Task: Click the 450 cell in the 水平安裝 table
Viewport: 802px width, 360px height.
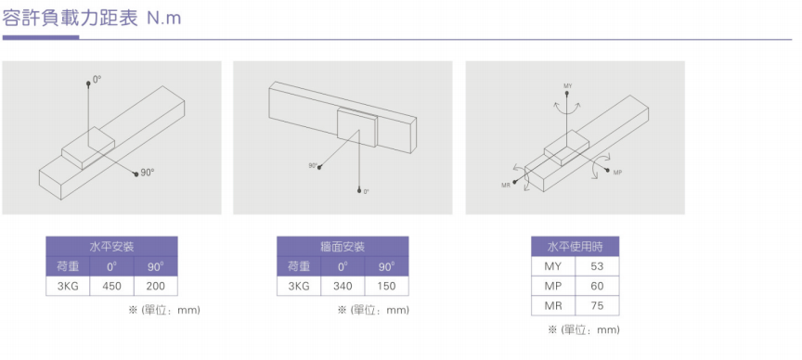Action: pos(111,286)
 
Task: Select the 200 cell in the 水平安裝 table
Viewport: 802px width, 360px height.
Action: pos(156,286)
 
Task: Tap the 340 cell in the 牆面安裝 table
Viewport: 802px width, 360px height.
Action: pos(343,286)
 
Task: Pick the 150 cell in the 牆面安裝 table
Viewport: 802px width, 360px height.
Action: pos(387,286)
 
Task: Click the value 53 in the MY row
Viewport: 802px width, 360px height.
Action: pos(597,266)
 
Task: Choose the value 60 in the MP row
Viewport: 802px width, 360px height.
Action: pos(597,286)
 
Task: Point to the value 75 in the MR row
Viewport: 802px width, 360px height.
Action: pos(597,306)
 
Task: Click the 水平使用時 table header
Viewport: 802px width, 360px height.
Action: pos(575,247)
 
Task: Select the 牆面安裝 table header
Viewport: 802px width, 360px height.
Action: pos(343,247)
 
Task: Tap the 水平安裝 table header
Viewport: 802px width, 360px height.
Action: pos(111,247)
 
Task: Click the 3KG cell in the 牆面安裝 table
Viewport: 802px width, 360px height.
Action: pos(299,286)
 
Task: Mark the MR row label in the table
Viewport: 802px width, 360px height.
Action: pos(553,306)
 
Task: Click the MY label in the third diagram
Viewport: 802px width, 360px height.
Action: pos(568,85)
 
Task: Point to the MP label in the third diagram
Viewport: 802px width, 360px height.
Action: pos(617,173)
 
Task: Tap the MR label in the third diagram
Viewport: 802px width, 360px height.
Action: pos(506,186)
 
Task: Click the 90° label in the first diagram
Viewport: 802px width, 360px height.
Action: pos(148,173)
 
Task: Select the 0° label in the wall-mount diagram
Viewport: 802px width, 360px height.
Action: pos(367,192)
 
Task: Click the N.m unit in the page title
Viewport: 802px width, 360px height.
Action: pos(164,19)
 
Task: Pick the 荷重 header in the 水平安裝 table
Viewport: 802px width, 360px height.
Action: pos(68,266)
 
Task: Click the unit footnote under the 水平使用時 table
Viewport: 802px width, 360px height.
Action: pos(584,329)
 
